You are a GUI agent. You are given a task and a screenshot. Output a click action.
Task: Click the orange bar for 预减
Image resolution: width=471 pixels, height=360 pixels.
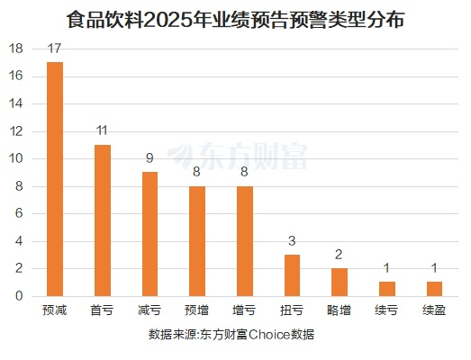55,179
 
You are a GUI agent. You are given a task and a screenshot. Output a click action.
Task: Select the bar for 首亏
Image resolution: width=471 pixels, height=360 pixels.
102,220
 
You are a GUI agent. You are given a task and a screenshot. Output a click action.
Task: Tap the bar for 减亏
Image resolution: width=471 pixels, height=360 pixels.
149,234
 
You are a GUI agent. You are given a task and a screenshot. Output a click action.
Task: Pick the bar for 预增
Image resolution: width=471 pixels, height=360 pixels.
197,241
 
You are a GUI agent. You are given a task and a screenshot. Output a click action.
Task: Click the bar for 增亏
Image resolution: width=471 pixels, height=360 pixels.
244,241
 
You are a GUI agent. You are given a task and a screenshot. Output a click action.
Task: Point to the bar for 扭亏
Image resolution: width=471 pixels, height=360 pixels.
292,275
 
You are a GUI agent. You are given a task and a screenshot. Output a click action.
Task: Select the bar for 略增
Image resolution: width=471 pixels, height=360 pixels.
339,283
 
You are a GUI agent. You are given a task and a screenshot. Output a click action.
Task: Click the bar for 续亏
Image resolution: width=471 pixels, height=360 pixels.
386,289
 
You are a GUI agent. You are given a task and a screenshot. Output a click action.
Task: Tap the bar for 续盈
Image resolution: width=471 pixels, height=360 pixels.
434,289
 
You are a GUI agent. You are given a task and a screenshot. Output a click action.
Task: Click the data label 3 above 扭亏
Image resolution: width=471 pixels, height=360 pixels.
292,242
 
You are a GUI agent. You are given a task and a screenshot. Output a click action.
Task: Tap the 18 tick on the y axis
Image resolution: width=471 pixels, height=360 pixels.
14,49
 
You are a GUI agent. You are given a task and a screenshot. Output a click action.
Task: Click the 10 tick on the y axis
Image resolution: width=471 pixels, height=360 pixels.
14,158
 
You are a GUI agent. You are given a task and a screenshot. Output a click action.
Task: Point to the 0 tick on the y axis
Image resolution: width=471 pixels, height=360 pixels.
18,296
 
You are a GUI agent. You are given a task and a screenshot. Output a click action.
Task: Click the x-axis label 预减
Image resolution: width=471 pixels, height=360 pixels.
55,310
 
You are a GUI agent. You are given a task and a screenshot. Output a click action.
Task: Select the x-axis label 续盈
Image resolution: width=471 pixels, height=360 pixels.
434,310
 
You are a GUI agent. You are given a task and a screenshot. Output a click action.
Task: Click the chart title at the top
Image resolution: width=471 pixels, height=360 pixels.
235,19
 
